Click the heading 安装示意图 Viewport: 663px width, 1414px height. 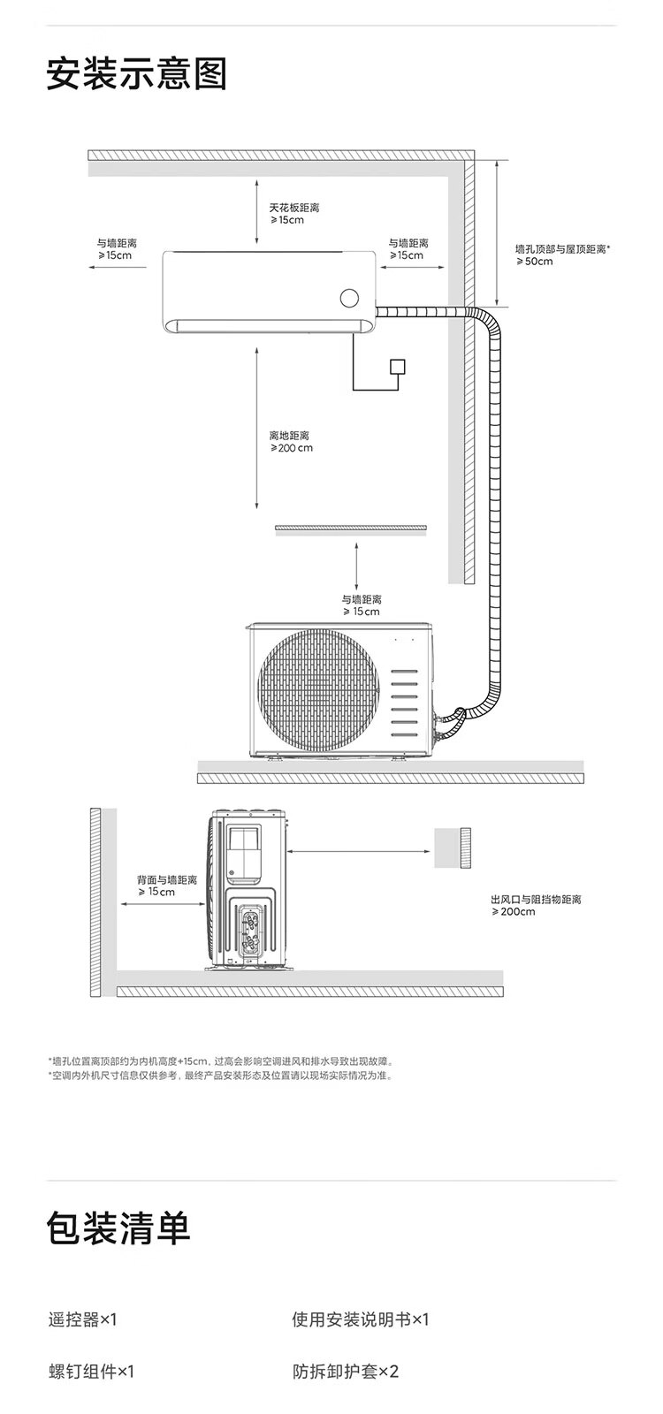(x=137, y=74)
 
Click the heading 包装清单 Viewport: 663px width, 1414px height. (x=118, y=1228)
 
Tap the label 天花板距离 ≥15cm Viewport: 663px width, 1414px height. (x=294, y=214)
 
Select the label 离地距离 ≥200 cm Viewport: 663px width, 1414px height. (x=291, y=442)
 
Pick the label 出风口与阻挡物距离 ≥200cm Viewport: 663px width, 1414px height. (x=536, y=905)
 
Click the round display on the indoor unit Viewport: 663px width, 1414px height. (x=350, y=298)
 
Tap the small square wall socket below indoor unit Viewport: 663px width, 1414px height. (x=398, y=367)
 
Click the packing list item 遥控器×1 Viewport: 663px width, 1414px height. (x=82, y=1319)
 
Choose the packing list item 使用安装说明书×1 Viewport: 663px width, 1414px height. (x=360, y=1319)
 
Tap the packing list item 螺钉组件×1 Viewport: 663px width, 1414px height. (x=91, y=1372)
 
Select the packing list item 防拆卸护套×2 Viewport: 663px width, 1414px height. (x=346, y=1372)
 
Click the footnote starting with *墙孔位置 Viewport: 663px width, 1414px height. (x=220, y=1060)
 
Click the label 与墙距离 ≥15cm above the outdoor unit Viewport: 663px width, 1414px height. (x=362, y=605)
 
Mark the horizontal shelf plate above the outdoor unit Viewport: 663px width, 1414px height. (x=351, y=528)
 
